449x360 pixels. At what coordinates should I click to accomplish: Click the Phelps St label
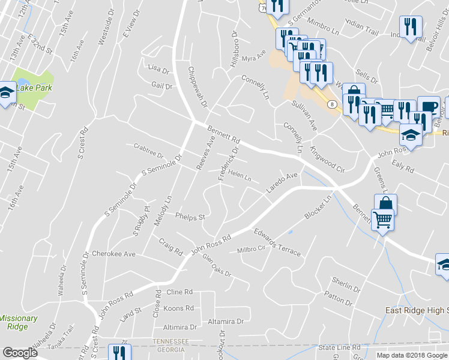coord(190,216)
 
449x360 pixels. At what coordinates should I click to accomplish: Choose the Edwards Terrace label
coord(277,242)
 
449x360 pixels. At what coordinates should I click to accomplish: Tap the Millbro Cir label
coord(251,250)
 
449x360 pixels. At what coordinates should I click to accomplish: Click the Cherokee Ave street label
coord(113,254)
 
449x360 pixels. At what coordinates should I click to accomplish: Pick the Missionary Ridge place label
coord(18,322)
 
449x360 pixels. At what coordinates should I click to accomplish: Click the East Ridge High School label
coord(417,310)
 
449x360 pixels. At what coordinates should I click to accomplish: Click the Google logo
coord(20,353)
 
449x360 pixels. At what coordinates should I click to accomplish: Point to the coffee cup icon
coord(428,107)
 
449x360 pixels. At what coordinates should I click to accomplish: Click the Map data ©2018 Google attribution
coord(411,355)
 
